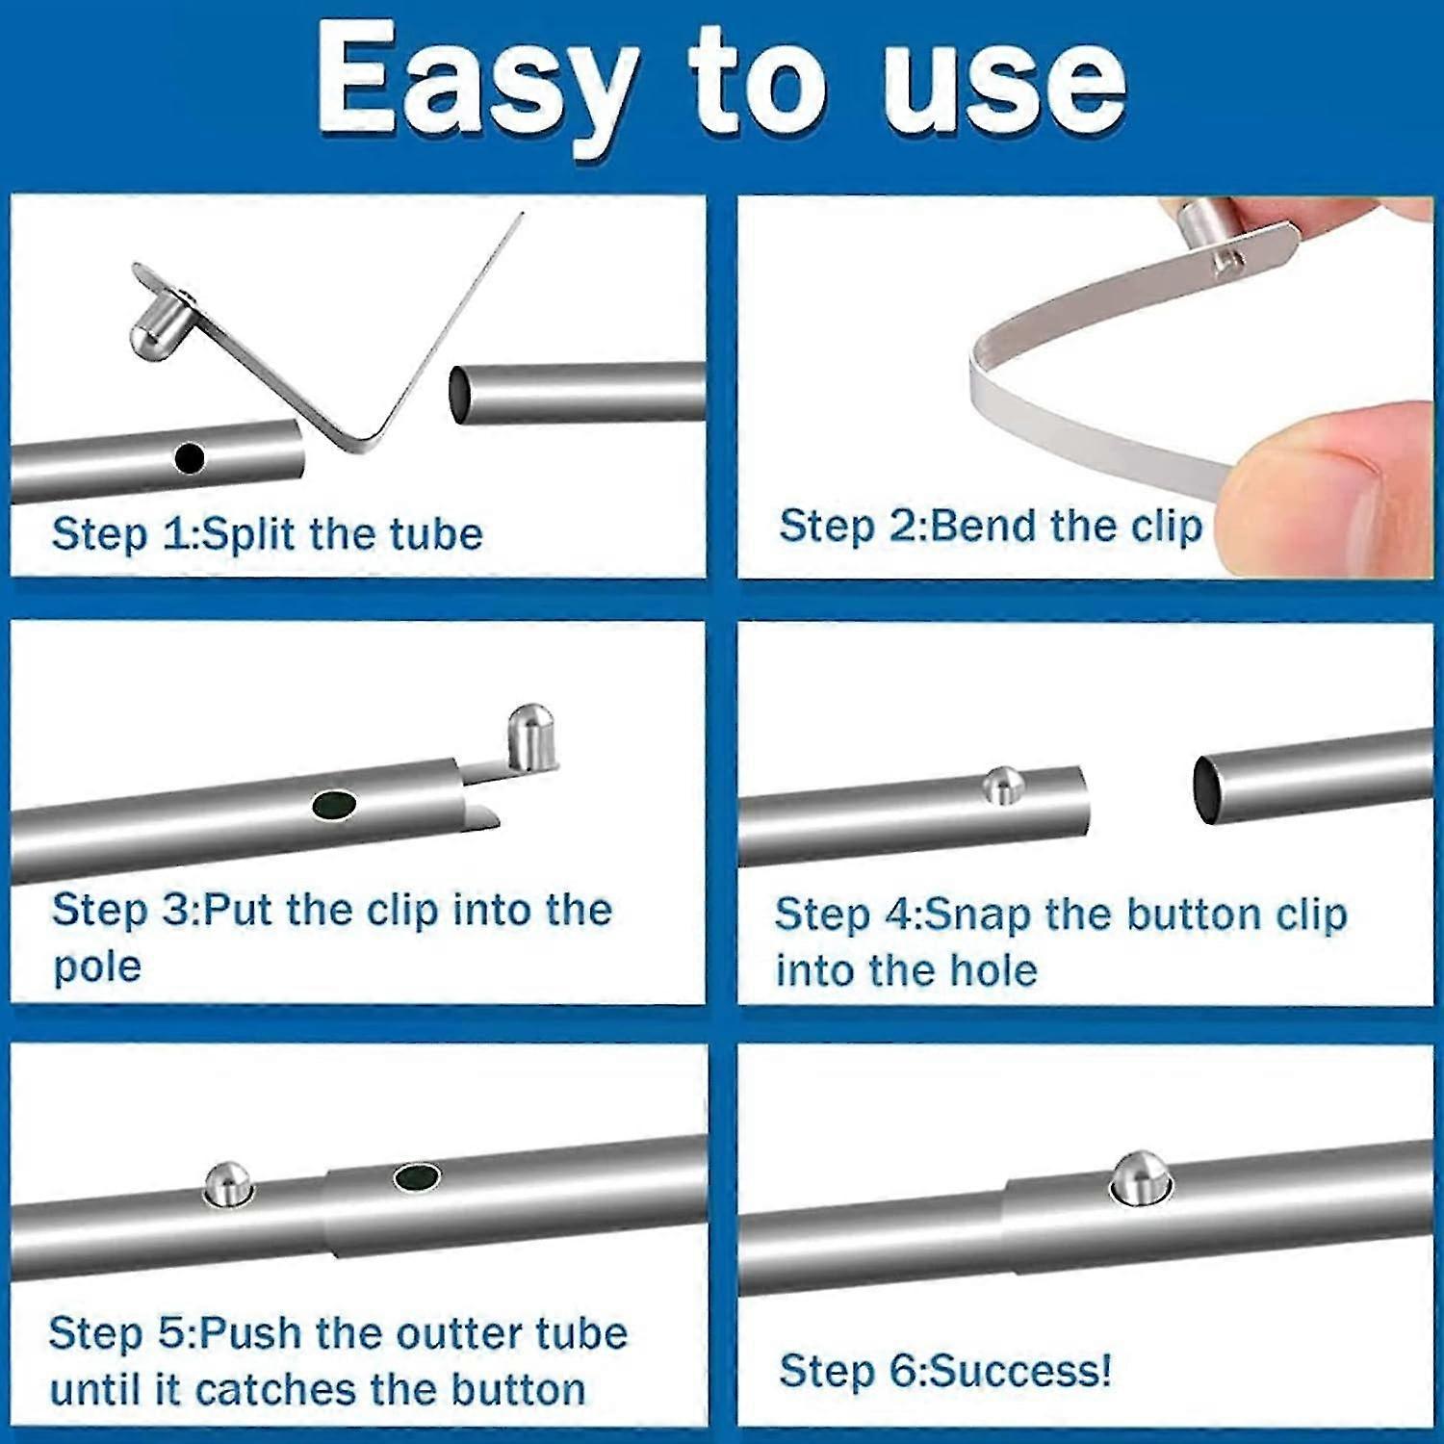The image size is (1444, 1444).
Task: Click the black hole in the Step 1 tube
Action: pos(191,458)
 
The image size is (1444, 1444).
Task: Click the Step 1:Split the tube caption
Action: pos(267,533)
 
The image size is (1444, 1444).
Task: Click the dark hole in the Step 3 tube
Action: pos(334,805)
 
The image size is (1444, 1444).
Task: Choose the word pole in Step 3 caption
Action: pos(97,967)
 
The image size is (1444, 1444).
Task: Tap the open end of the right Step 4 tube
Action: pos(1208,788)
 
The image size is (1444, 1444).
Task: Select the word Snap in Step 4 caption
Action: pos(978,915)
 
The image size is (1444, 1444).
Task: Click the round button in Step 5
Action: pos(228,1182)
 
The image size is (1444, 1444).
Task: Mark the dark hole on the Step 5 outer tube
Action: pos(417,1176)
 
